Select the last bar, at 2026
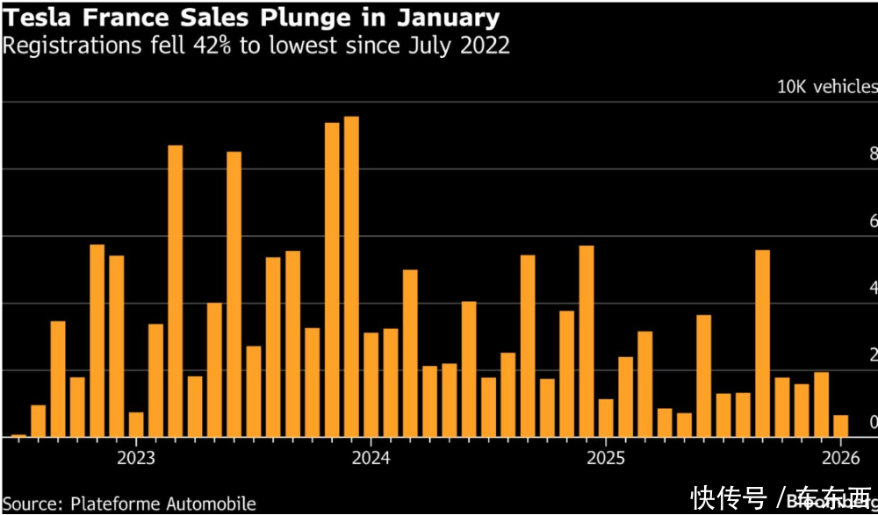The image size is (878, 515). (841, 426)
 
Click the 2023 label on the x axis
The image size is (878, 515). (135, 458)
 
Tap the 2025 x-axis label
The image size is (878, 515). (605, 458)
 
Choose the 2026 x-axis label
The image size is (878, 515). (840, 458)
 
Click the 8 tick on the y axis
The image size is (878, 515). (874, 154)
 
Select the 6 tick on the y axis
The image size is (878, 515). (874, 221)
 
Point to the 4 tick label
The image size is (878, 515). (874, 288)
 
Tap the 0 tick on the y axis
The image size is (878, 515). (874, 423)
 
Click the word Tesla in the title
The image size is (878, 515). (34, 17)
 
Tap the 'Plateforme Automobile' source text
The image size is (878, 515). (162, 504)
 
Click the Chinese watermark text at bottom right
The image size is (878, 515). (781, 498)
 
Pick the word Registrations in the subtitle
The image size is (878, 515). (63, 45)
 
